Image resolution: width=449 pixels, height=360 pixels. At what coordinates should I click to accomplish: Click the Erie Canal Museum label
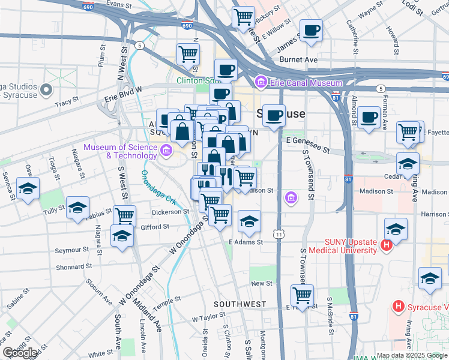pos(306,82)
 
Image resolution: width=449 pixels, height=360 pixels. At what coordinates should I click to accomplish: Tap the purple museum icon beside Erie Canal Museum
pos(261,82)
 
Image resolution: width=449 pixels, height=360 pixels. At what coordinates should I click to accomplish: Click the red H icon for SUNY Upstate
pos(387,245)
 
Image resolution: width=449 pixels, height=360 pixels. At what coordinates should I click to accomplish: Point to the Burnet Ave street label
pos(297,60)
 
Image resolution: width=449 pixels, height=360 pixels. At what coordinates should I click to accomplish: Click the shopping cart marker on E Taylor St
pos(302,295)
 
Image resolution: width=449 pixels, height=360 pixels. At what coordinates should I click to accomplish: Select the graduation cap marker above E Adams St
pos(249,222)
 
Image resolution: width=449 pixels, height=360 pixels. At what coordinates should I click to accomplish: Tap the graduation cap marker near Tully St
pos(77,208)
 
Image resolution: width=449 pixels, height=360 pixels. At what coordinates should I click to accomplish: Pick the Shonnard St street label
pos(74,266)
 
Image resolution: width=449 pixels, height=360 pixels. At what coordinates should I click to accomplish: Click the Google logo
pos(20,353)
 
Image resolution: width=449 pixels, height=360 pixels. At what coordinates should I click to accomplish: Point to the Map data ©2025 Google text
pos(411,355)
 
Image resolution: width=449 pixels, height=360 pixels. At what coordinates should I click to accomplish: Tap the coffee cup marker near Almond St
pos(369,116)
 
